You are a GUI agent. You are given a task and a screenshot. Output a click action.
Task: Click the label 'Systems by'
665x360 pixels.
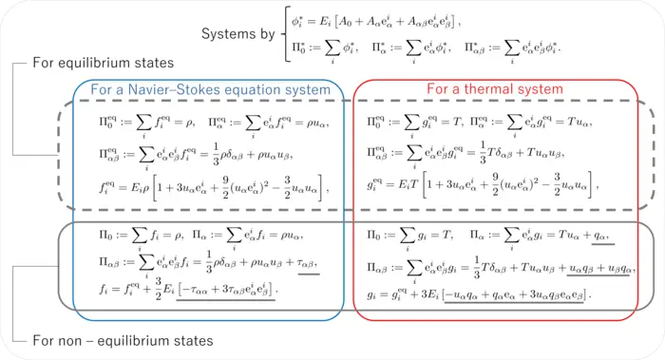239,34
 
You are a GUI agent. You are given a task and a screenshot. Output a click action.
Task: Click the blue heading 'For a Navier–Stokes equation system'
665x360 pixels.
217,90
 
